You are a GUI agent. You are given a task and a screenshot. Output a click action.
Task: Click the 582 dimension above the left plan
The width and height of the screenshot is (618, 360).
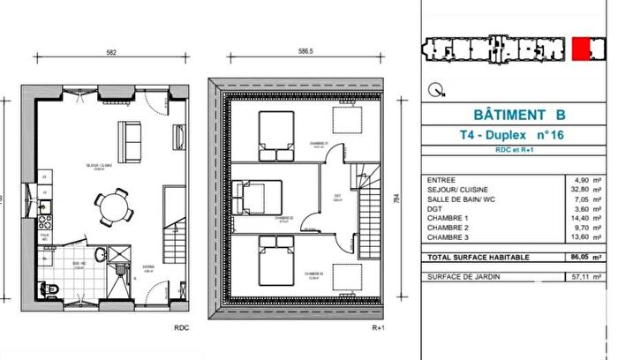pyautogui.click(x=111, y=53)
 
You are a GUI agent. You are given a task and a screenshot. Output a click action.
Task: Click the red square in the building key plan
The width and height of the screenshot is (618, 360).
pyautogui.click(x=582, y=49)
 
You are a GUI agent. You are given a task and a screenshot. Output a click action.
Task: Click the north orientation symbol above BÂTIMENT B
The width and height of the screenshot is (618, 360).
pyautogui.click(x=434, y=88)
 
